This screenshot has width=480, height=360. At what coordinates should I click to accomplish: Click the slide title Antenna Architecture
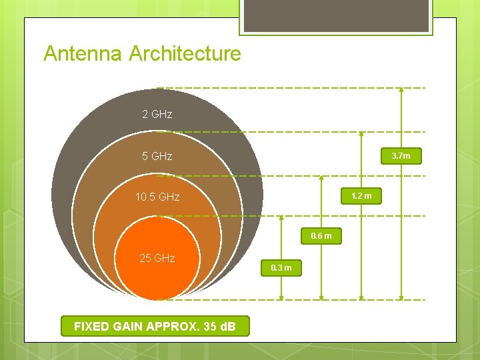142,53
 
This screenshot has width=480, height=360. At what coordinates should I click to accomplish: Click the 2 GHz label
157,114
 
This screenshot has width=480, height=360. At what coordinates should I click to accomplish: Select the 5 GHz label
157,156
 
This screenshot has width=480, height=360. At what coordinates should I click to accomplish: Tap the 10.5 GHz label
157,197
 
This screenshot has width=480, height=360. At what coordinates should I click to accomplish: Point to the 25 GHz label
157,258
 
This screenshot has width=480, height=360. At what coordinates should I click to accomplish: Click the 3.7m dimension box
401,156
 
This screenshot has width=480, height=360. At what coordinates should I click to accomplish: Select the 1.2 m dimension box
361,196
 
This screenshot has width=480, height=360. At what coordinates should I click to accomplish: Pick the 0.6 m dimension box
321,236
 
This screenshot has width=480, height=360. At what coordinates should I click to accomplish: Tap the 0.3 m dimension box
281,268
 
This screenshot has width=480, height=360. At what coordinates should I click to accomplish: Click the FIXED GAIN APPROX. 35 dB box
154,326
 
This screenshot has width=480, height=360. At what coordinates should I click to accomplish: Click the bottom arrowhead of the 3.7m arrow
401,296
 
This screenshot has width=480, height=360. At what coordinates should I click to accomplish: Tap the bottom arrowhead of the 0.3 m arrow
281,296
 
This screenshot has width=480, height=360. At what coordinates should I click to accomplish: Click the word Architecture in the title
185,53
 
